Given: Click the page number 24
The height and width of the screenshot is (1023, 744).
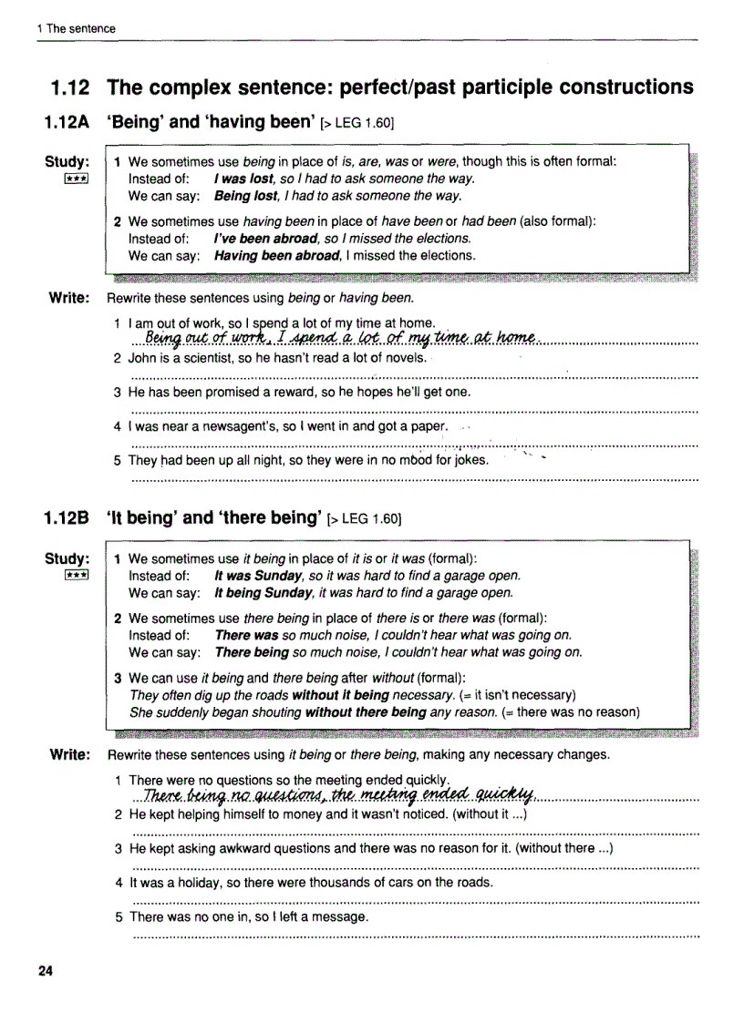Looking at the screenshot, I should coord(46,970).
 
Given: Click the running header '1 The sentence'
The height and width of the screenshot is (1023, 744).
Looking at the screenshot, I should coord(77,29).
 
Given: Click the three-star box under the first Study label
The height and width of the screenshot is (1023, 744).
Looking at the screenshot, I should coord(74,179).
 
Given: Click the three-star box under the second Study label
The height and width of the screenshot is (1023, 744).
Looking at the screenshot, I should coord(74,575).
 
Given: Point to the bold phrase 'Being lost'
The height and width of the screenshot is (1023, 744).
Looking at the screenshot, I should coord(246,196).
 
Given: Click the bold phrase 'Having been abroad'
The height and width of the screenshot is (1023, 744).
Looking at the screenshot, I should coord(275,256).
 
